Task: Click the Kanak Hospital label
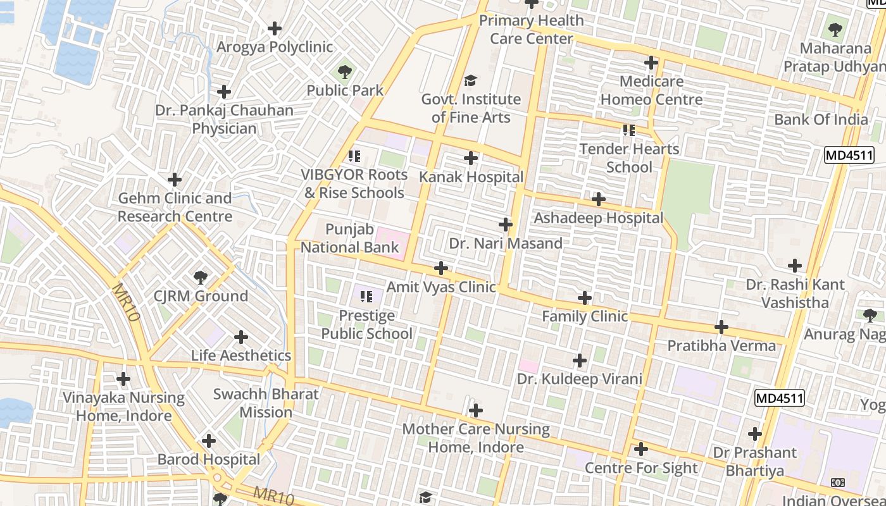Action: pos(471,177)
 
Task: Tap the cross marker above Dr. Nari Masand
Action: pos(506,225)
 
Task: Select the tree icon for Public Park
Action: pos(344,72)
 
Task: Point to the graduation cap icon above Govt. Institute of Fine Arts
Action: pos(470,81)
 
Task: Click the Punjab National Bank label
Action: pos(349,238)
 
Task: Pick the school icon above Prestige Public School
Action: pos(366,296)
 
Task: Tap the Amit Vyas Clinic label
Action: pos(441,287)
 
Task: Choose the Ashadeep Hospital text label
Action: pos(599,218)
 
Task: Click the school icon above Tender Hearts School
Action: pos(628,130)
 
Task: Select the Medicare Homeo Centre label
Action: pos(651,90)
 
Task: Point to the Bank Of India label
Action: pos(821,120)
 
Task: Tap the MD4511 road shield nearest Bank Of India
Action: pos(849,155)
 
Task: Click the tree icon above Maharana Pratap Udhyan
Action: pos(835,29)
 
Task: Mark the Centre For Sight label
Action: pos(641,468)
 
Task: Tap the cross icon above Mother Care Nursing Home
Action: pos(475,410)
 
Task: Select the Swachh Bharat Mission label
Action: pos(266,403)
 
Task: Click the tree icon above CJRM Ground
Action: pos(201,277)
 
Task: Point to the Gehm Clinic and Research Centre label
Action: pos(175,207)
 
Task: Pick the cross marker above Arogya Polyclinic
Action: pos(275,28)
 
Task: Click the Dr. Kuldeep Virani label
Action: pos(580,379)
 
